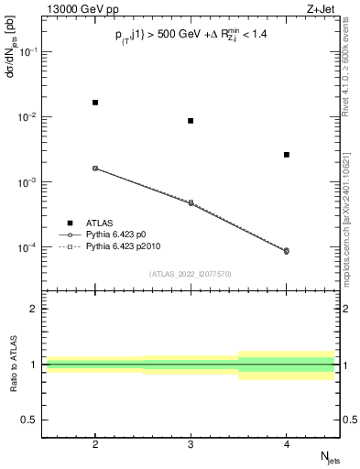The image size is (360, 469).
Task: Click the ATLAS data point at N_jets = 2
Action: click(x=95, y=103)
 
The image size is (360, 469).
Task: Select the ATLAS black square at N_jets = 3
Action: click(x=191, y=121)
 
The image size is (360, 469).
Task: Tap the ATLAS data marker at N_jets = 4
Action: click(x=287, y=155)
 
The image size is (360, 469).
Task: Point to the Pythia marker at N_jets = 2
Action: click(x=95, y=169)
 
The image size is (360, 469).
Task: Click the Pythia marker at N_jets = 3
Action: click(x=191, y=202)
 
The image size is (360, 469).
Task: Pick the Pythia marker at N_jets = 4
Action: click(x=287, y=251)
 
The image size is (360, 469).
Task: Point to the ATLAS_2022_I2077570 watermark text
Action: click(x=191, y=273)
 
